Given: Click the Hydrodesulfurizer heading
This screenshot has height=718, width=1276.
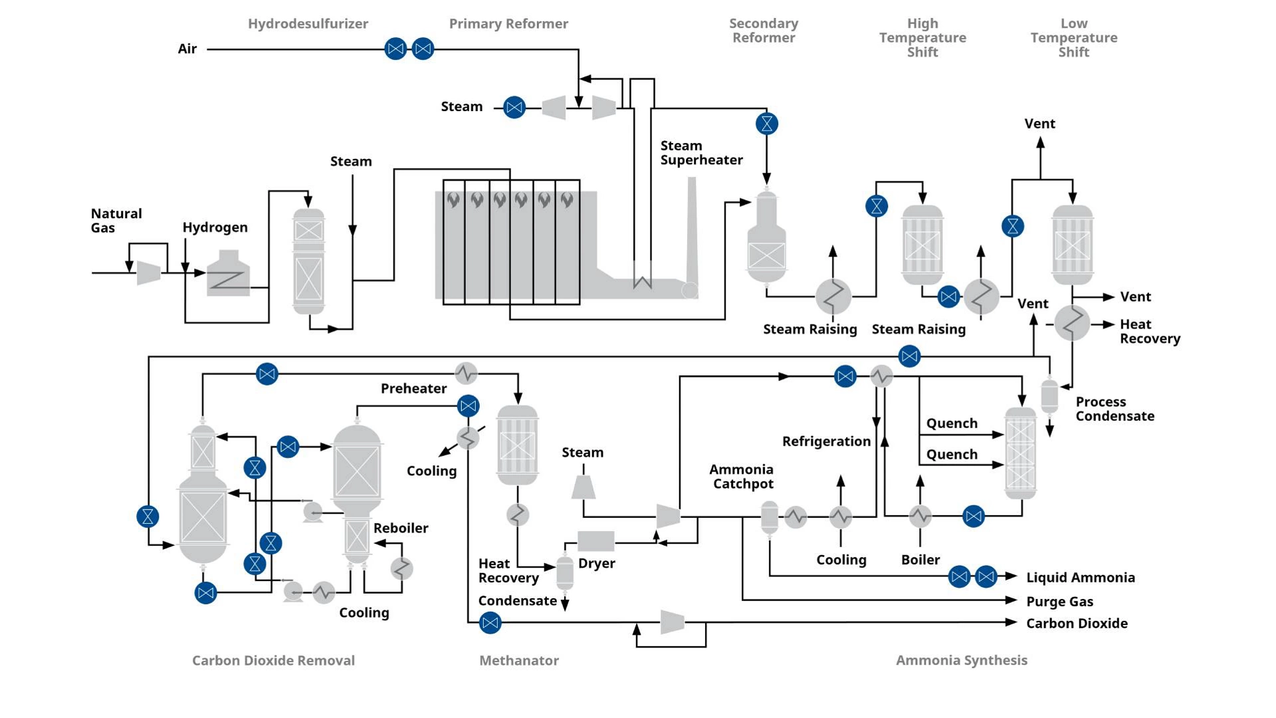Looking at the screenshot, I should point(308,24).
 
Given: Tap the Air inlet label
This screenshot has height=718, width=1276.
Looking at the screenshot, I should point(187,49).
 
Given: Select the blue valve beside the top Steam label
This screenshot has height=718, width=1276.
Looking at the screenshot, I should point(514,107).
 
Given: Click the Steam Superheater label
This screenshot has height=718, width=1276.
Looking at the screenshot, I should point(701,153).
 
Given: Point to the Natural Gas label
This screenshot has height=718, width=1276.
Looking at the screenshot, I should point(116,221).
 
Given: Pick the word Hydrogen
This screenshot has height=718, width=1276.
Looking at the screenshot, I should point(215,227).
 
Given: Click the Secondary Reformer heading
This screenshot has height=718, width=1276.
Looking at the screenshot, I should point(764,31).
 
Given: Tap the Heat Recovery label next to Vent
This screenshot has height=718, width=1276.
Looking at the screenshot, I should point(1150,331).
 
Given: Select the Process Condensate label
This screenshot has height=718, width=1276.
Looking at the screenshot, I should point(1115,409).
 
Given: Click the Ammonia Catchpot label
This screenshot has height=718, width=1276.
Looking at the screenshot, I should point(742,477).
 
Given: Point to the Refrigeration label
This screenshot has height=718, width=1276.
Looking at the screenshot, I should point(826,441).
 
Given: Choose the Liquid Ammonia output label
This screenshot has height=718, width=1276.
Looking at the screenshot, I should point(1080,578).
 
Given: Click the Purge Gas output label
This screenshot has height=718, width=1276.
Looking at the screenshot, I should point(1059,602).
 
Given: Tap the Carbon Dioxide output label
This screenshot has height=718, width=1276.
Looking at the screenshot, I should point(1077,624).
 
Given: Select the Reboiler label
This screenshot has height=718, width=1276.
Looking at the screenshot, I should point(401,529).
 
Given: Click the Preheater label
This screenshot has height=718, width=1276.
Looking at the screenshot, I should point(413,389).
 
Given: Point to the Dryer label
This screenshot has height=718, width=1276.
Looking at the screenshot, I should point(596,564).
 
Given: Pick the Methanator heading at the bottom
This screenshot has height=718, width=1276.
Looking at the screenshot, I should point(519,661).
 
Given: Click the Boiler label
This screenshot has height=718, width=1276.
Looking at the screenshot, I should point(920,560).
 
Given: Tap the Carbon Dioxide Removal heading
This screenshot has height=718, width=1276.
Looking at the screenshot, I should point(273,661).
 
